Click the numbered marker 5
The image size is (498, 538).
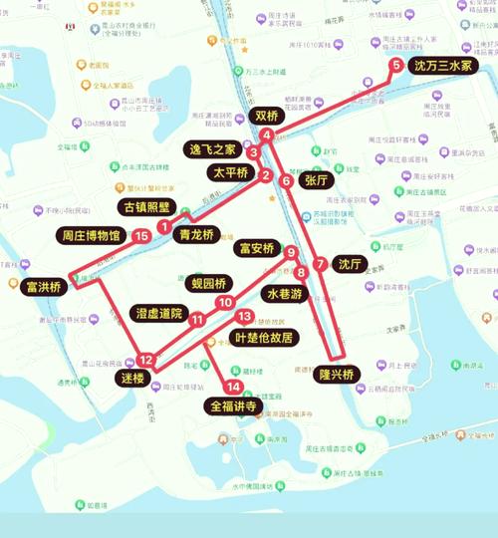[397, 66]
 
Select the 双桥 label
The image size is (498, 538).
[268, 116]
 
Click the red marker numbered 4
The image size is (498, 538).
[267, 134]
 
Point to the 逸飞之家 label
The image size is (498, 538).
[213, 149]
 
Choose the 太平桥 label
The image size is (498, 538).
[230, 172]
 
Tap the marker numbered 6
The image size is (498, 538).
[287, 181]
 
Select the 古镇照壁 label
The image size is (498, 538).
[144, 207]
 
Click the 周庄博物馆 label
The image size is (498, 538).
[89, 236]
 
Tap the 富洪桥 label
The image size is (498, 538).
[42, 287]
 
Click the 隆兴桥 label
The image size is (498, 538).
[339, 374]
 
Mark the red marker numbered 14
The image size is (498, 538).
[234, 387]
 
